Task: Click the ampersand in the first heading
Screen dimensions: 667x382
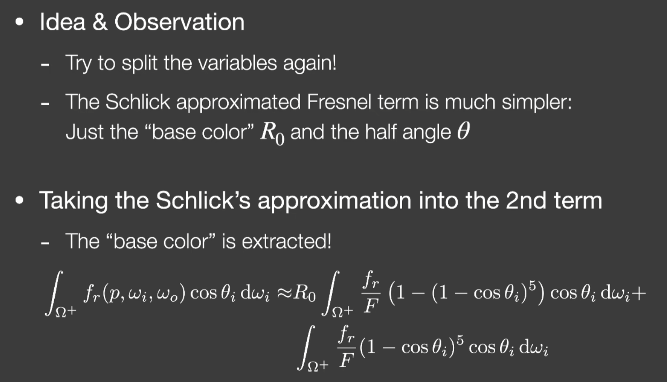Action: (100, 22)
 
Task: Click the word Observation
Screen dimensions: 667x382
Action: (179, 22)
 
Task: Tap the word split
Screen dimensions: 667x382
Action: (139, 64)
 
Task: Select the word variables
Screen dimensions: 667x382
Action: (238, 63)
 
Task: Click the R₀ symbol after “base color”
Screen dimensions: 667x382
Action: (272, 134)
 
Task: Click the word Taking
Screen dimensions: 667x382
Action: (73, 201)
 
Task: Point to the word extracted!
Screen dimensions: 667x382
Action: (287, 241)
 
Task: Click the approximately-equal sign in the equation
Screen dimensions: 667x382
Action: (284, 293)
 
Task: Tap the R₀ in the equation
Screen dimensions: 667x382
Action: (304, 294)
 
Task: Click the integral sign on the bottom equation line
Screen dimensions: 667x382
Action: (305, 347)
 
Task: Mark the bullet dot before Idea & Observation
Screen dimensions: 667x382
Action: (19, 22)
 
